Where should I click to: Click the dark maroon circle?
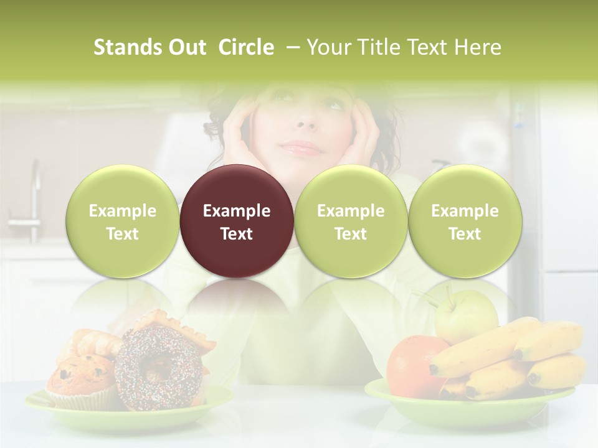237,221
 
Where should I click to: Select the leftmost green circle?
122,221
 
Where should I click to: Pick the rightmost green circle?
465,221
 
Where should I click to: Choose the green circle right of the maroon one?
351,221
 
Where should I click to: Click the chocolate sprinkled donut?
159,367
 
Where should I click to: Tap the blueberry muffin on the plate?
81,380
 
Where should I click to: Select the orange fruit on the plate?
411,364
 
